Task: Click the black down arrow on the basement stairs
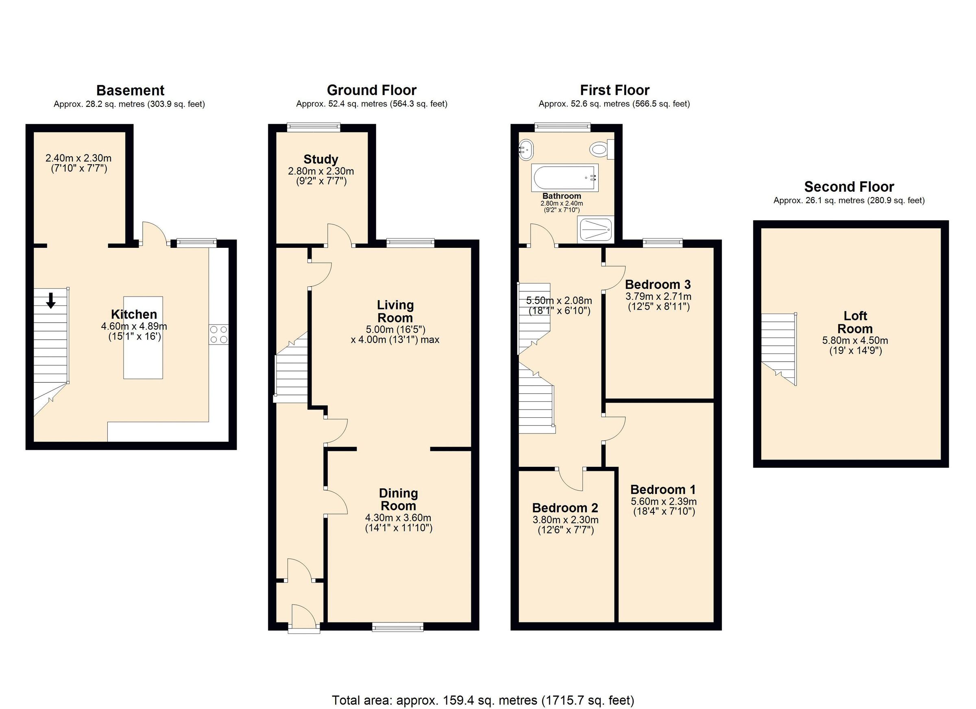point(51,300)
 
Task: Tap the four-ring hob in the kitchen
point(219,334)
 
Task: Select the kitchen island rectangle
point(143,338)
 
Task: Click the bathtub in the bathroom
point(564,178)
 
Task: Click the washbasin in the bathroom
point(526,150)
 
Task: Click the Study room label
point(320,159)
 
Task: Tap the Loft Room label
point(855,322)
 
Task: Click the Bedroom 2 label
point(564,508)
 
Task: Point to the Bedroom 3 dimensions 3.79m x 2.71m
point(658,297)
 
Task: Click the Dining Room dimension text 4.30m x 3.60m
point(398,518)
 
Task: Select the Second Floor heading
point(849,186)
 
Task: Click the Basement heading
point(130,90)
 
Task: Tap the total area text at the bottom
point(483,700)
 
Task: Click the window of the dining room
point(398,628)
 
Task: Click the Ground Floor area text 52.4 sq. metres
point(371,104)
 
